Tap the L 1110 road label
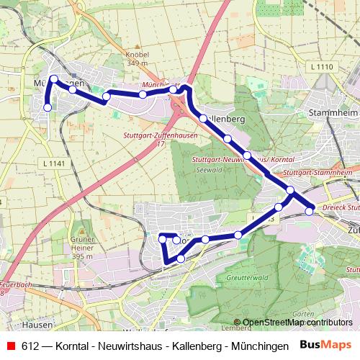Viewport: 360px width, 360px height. point(325,67)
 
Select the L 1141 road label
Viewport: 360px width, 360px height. point(54,164)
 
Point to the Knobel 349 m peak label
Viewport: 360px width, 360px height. point(137,58)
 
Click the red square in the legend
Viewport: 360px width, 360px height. point(11,346)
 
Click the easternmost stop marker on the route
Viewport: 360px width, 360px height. point(310,210)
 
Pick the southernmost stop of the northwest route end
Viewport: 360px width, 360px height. point(48,107)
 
